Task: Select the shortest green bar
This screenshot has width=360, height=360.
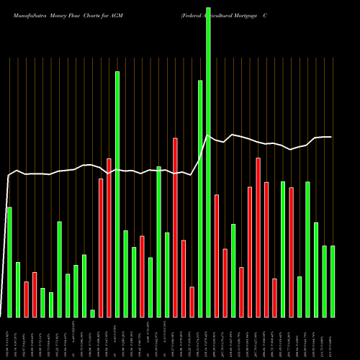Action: coord(92,313)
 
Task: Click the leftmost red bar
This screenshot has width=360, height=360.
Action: coord(26,300)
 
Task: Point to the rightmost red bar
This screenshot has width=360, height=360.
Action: coord(291,252)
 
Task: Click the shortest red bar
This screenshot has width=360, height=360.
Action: coord(192,302)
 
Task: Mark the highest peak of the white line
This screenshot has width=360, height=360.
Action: coord(208,135)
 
